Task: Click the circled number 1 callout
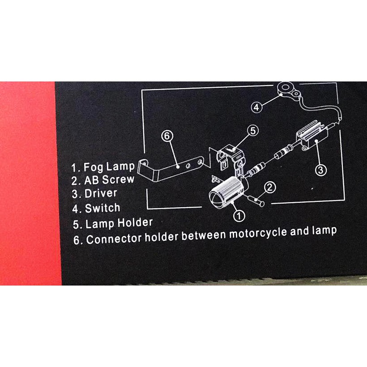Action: pos(239,216)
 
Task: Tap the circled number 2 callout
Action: pos(269,188)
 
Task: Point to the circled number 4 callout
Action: pos(256,107)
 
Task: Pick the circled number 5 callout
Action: pos(253,131)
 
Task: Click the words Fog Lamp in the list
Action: pos(109,167)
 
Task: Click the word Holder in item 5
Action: pos(135,222)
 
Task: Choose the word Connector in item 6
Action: pos(114,239)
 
